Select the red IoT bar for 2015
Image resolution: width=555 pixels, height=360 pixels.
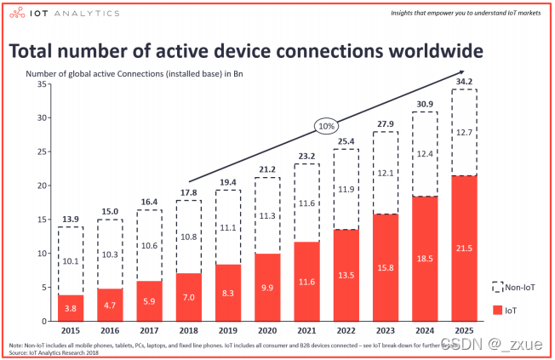(x=71, y=308)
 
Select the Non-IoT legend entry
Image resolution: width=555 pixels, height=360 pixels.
(x=518, y=286)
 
